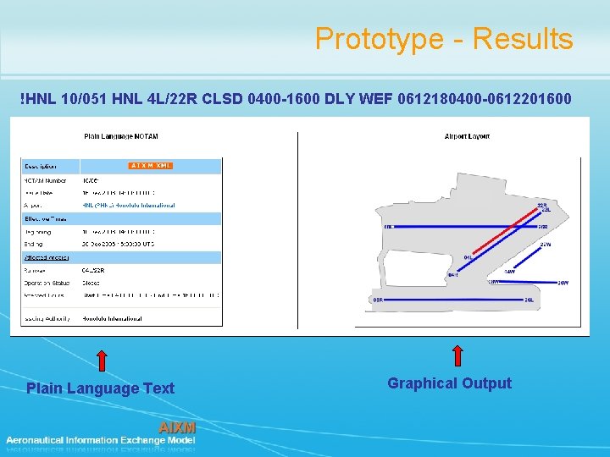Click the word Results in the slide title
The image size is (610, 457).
click(523, 39)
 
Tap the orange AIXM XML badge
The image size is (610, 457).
click(151, 165)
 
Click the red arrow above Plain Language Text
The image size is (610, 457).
click(101, 360)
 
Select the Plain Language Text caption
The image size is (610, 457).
click(100, 388)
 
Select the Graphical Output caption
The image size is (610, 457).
click(449, 383)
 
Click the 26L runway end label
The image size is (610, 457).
click(529, 300)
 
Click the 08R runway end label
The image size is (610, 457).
click(378, 300)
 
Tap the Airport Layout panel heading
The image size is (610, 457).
click(468, 136)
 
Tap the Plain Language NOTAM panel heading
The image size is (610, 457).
click(121, 136)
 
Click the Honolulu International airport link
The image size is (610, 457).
click(129, 205)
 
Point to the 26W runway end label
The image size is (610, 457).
click(563, 283)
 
